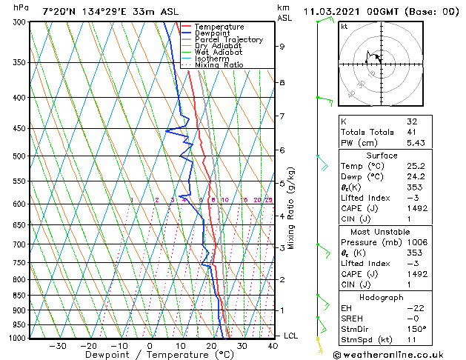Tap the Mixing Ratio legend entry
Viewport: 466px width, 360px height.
pos(219,65)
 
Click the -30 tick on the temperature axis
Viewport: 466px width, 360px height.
pos(57,345)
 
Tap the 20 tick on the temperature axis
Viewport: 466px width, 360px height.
pos(211,345)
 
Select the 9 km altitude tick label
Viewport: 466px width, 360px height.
pos(282,46)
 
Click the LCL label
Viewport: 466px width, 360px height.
pos(292,336)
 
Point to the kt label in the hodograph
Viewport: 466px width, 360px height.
pos(344,26)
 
